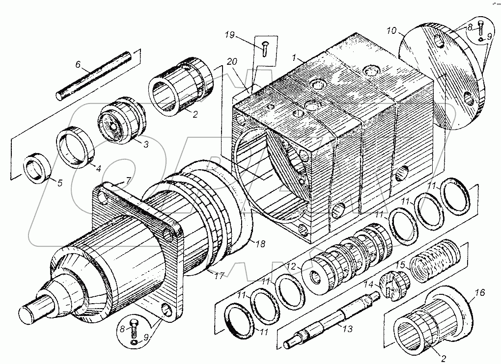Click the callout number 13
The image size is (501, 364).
[x=347, y=330]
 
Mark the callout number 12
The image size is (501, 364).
[x=291, y=267]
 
